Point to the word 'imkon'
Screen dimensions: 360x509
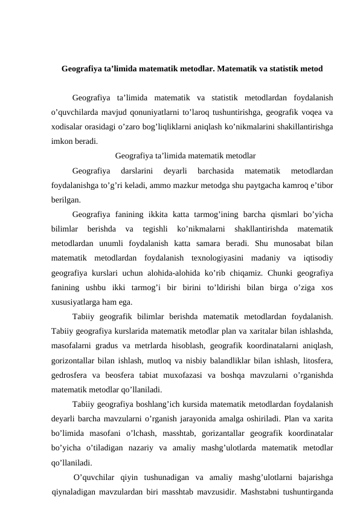[62, 143]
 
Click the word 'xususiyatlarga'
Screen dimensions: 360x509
[79, 302]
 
